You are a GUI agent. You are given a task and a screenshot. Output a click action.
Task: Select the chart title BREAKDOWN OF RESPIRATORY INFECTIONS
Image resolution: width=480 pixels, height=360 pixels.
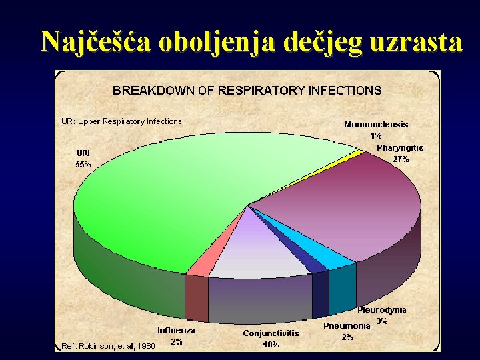(247, 90)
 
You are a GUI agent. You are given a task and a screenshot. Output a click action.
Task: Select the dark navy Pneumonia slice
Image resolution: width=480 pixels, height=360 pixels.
(312, 263)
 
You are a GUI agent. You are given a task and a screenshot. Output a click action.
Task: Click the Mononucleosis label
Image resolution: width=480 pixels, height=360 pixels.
(376, 124)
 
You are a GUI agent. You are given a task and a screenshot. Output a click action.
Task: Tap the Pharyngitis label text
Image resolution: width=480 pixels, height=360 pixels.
(400, 147)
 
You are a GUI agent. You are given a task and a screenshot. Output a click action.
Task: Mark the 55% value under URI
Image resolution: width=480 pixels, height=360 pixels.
(84, 164)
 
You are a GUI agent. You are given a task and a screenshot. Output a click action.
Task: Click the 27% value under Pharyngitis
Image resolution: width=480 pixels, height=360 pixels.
(401, 159)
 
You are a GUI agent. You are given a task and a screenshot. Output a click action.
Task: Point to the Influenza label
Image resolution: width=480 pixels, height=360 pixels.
(177, 330)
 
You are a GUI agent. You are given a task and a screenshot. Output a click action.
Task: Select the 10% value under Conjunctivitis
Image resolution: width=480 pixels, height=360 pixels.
(271, 345)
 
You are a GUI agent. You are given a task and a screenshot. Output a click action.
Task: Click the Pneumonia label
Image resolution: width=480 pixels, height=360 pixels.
(347, 326)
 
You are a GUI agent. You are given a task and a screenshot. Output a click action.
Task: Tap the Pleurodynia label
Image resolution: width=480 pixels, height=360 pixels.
(382, 310)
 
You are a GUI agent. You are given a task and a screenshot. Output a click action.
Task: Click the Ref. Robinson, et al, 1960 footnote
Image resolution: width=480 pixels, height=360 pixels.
(108, 346)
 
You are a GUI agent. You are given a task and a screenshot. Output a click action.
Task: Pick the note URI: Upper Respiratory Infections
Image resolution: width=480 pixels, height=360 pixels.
(121, 121)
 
